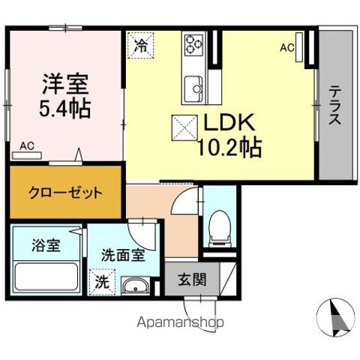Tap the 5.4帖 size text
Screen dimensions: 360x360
tap(64, 109)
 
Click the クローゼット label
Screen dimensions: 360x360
tap(65, 193)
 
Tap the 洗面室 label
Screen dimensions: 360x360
tap(124, 254)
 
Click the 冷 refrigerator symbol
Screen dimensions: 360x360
tap(139, 44)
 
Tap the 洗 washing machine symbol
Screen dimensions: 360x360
tap(101, 283)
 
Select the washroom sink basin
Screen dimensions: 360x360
tap(135, 285)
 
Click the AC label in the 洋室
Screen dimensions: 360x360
tap(26, 145)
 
